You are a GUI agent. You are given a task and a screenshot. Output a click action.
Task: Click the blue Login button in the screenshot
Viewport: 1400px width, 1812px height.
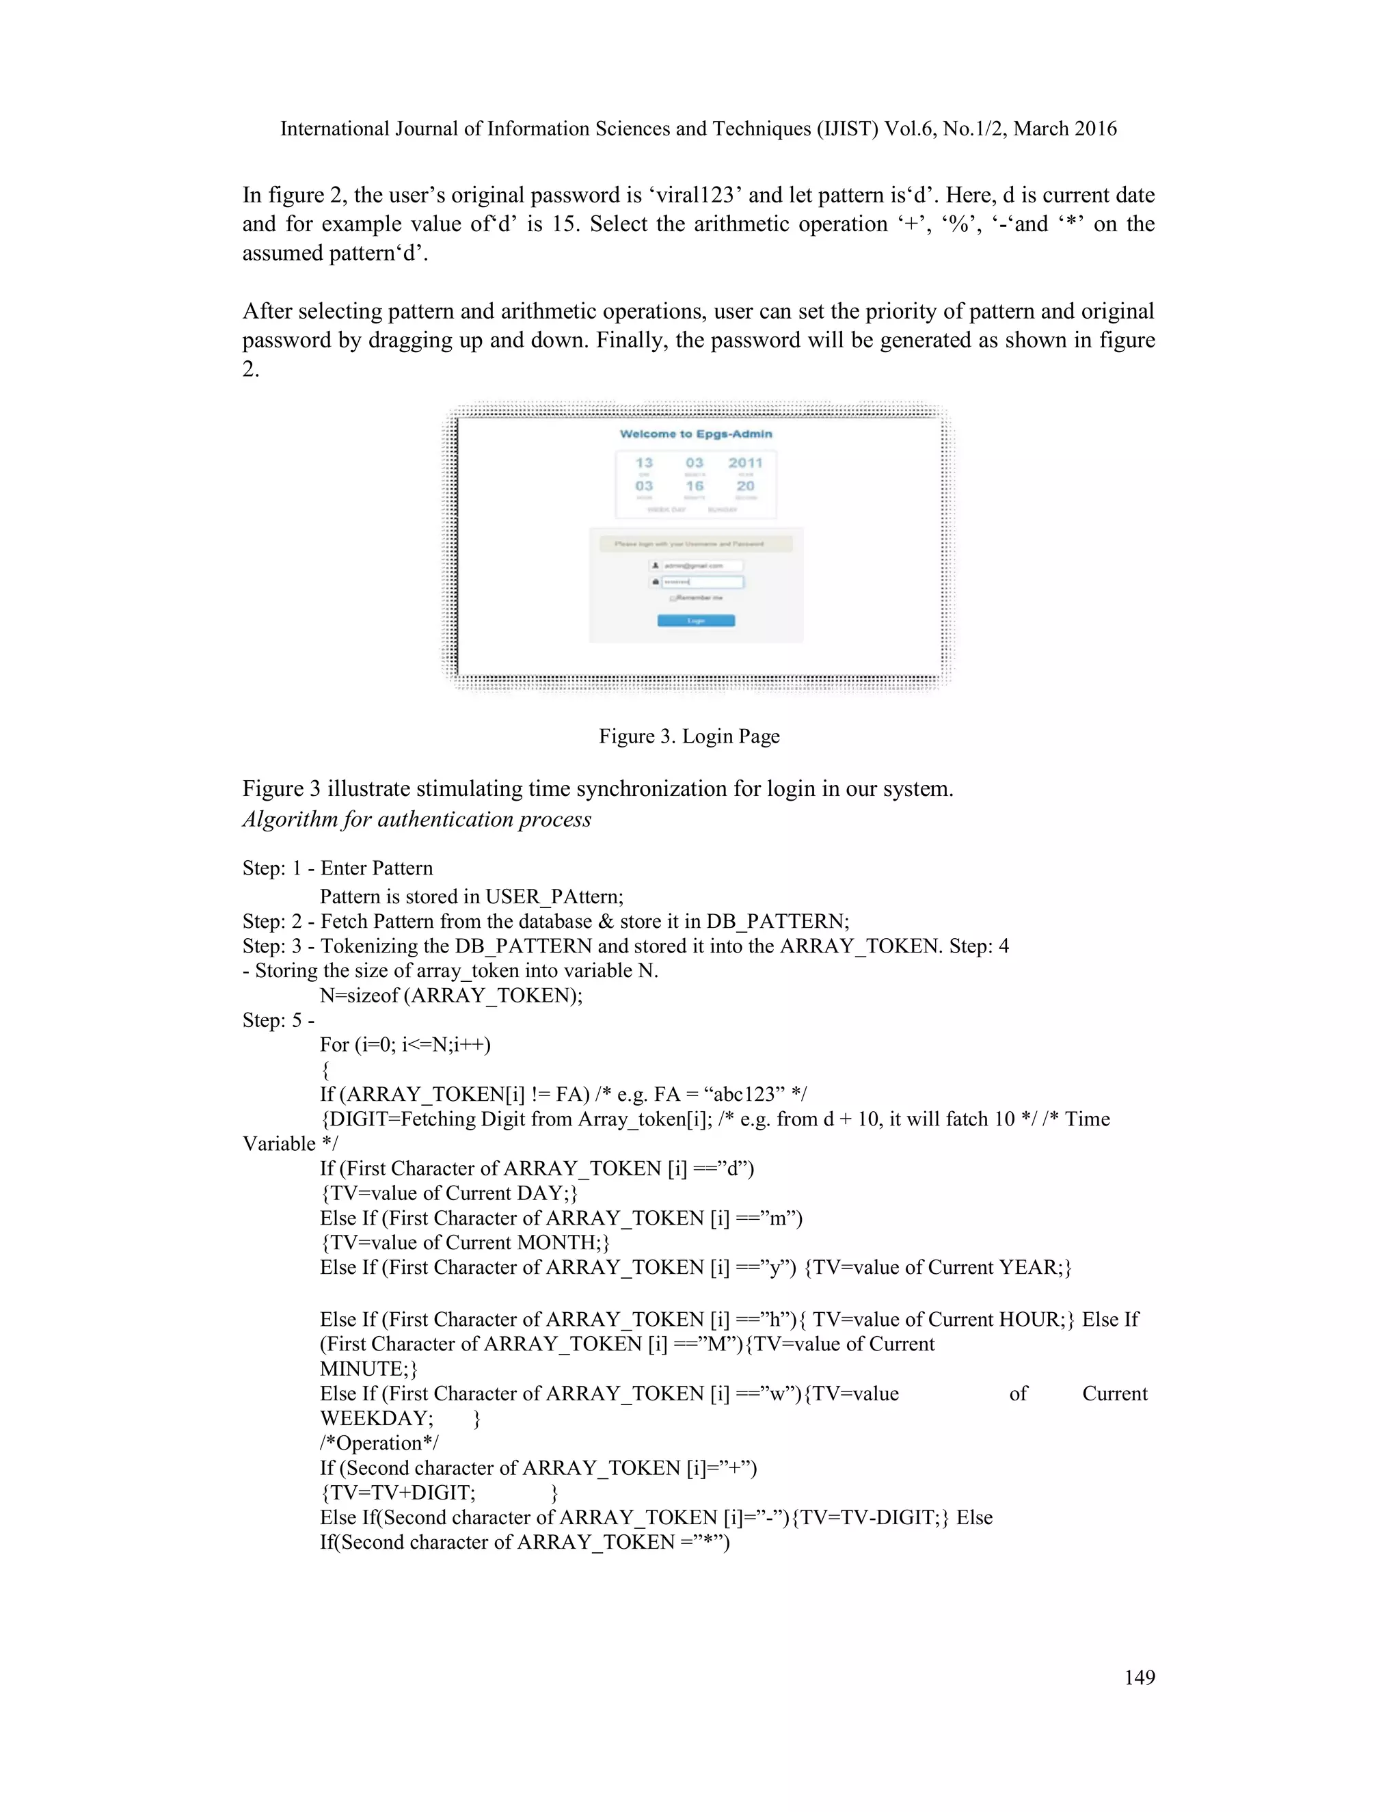(696, 621)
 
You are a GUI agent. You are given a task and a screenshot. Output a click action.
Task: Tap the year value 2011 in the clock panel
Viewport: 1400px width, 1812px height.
(745, 463)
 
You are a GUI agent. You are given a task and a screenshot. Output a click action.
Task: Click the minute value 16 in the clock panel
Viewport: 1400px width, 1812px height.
(695, 486)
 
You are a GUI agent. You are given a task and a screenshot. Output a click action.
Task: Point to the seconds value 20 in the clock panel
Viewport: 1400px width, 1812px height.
(746, 486)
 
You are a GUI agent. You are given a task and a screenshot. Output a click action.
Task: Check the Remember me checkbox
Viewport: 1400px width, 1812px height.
(673, 598)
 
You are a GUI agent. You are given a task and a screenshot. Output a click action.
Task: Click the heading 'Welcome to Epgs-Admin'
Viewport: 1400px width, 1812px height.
(696, 434)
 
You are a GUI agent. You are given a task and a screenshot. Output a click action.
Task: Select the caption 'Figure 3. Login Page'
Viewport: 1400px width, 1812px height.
(689, 736)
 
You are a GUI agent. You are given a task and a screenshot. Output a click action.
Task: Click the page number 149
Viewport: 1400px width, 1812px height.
(1140, 1677)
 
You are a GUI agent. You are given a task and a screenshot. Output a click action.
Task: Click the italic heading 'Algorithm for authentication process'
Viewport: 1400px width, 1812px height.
(416, 820)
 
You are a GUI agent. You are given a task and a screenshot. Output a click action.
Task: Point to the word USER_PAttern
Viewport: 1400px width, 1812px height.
(554, 897)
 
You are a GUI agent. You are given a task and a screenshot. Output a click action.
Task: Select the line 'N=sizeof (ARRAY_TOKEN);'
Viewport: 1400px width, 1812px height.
(451, 996)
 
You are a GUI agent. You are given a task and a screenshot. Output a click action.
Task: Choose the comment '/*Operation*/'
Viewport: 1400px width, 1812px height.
(379, 1443)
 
